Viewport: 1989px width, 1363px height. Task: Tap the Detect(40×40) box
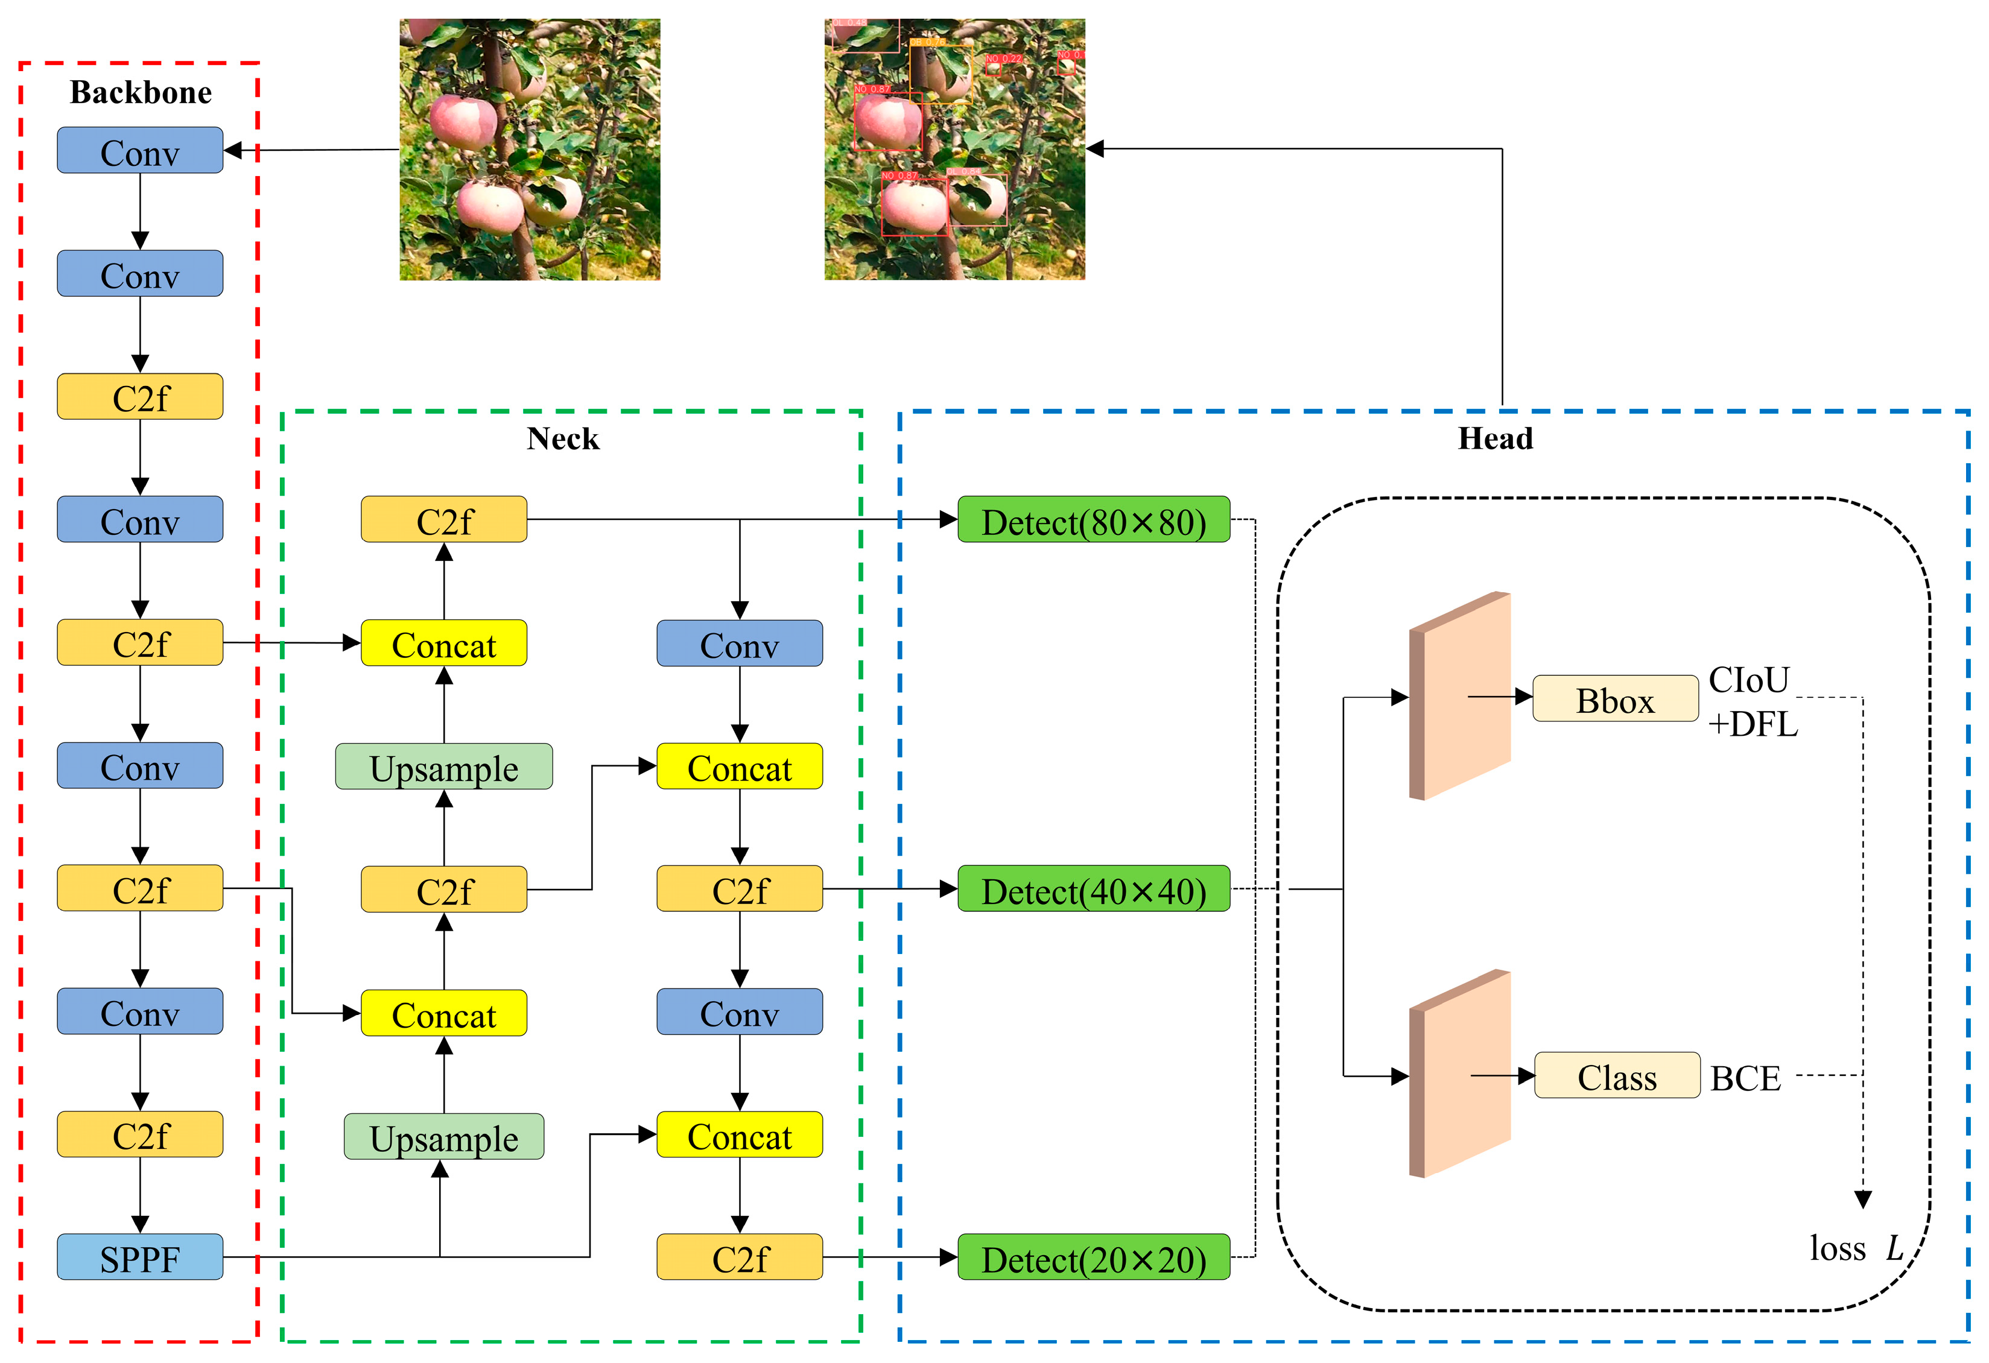[1093, 889]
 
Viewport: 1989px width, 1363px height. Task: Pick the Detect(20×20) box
[1093, 1257]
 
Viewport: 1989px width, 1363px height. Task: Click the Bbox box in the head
[1615, 699]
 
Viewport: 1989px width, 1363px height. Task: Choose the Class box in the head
[1617, 1075]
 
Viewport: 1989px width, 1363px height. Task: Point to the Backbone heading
[141, 92]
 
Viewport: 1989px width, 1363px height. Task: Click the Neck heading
[562, 439]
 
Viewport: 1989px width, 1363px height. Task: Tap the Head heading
[1495, 439]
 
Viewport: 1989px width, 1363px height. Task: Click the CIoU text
[1748, 680]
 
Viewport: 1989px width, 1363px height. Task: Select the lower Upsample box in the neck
[443, 1136]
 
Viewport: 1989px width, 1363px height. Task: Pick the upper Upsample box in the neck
[443, 767]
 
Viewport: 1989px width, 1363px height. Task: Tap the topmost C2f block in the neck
[443, 519]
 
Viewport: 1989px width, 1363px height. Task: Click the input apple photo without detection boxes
[530, 150]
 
